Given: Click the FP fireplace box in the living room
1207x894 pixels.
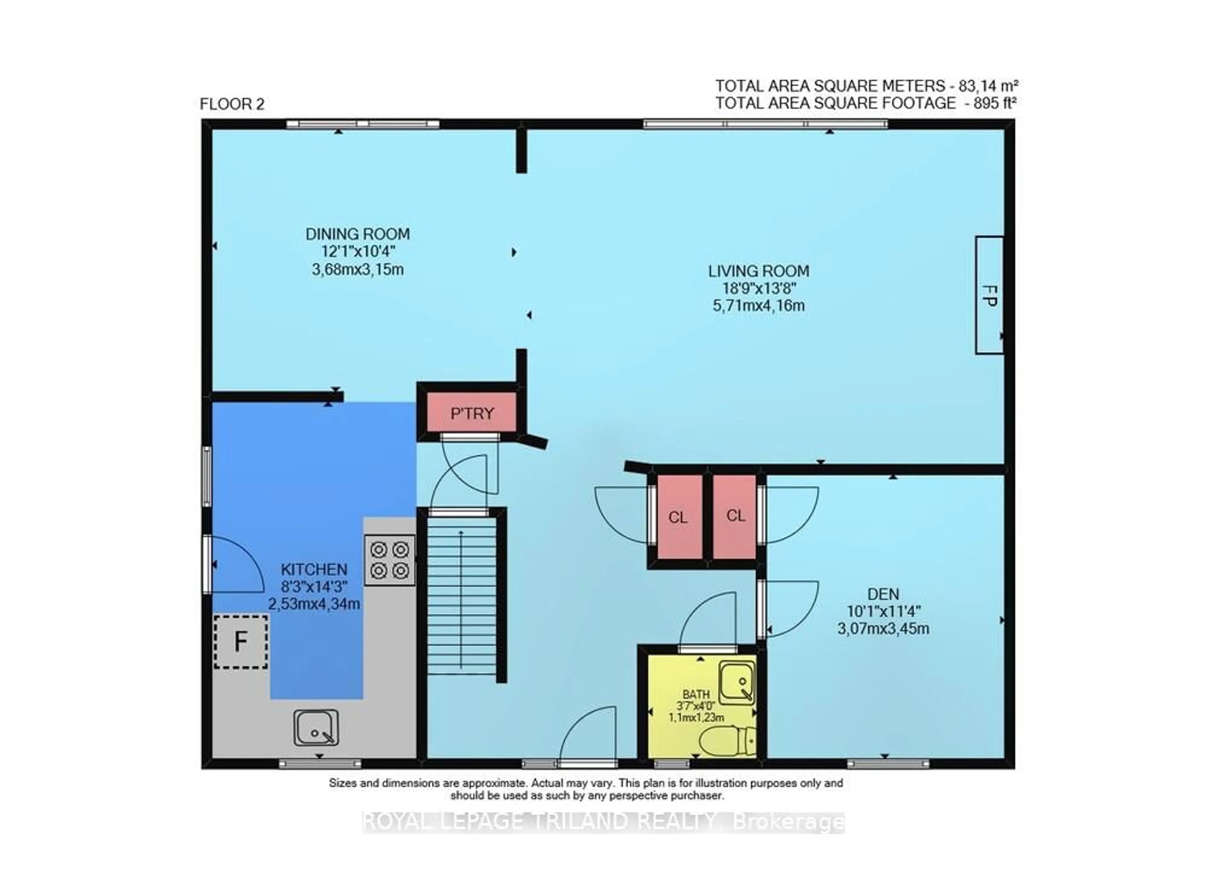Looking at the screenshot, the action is point(989,295).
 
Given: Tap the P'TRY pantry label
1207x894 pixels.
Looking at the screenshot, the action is point(472,414).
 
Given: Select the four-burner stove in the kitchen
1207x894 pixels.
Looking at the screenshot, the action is point(390,560).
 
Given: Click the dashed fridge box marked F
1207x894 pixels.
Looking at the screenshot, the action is point(241,642).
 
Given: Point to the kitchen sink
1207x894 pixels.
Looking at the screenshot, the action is point(316,728).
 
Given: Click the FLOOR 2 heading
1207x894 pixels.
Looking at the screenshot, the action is point(232,104).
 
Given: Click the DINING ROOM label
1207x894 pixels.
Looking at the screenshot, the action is point(358,234).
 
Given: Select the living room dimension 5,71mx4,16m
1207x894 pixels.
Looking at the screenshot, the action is point(759,306).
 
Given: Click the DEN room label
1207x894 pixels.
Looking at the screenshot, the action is point(883,594).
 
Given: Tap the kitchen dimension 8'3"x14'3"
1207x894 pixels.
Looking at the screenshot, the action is point(314,586).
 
